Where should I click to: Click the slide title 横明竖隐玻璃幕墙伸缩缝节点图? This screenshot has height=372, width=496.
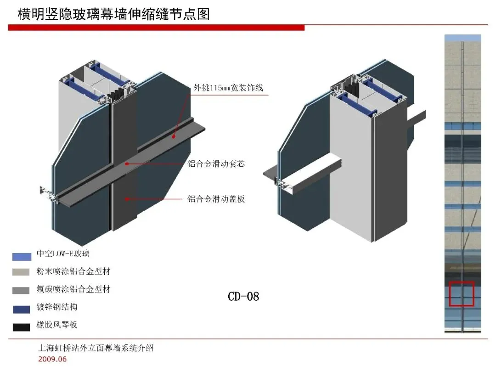click(x=113, y=14)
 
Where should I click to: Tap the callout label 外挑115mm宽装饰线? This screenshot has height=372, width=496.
click(x=228, y=88)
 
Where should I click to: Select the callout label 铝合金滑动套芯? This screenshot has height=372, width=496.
click(x=216, y=163)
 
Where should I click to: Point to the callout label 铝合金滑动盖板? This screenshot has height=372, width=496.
click(x=216, y=199)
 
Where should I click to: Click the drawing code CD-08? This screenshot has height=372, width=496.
click(x=243, y=296)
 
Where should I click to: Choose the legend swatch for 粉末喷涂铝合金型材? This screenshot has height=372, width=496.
click(x=22, y=272)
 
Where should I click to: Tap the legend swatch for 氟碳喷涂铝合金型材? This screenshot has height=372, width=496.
click(x=22, y=290)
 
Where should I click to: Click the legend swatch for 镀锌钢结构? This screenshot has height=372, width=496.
click(x=22, y=309)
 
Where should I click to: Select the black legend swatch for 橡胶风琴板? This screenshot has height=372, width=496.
click(x=22, y=327)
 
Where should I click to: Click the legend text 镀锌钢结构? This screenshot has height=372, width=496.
click(x=57, y=307)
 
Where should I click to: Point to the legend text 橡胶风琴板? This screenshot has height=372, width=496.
click(x=57, y=325)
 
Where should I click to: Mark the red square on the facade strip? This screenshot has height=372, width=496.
click(x=462, y=294)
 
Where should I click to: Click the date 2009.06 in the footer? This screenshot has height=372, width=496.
click(x=52, y=359)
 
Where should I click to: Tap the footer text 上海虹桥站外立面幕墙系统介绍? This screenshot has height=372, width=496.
click(x=96, y=348)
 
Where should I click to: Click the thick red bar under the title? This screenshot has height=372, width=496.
click(x=156, y=28)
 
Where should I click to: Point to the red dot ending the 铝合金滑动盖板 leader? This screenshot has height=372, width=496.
click(x=127, y=199)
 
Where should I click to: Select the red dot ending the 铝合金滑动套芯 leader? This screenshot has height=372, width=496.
click(x=126, y=163)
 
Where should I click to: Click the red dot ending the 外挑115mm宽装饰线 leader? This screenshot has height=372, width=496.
click(x=174, y=136)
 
